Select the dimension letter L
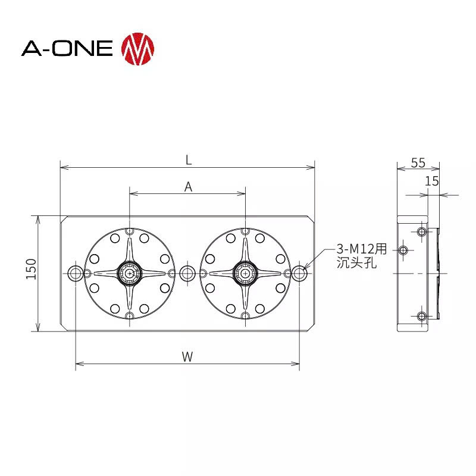coord(188,159)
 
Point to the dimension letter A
coord(188,187)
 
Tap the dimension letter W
coord(187,356)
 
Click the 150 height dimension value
coord(32,269)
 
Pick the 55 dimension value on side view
coord(418,162)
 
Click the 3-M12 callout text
coord(362,248)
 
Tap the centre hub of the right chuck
coord(245,273)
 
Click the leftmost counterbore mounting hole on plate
coord(76,273)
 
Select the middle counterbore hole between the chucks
coord(187,273)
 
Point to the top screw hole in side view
coord(422,231)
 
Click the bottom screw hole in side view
coord(422,316)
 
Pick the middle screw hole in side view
coord(404,250)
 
